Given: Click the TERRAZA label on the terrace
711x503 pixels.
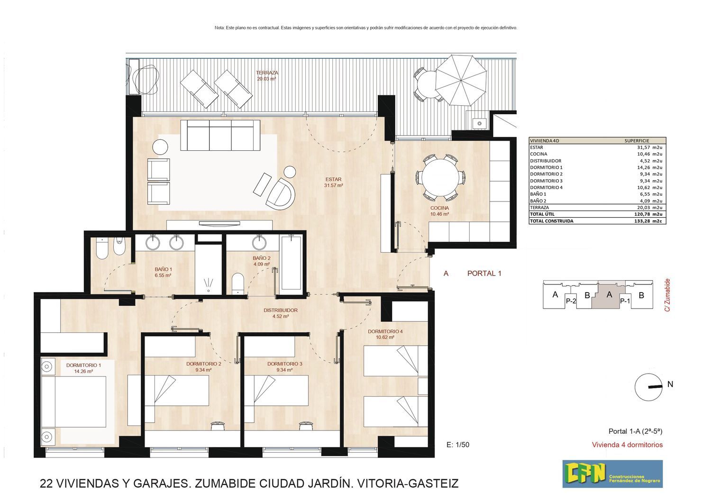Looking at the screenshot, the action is click(267, 73).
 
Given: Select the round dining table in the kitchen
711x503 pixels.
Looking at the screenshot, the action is click(440, 177).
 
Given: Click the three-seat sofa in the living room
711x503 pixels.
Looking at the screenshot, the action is click(220, 135).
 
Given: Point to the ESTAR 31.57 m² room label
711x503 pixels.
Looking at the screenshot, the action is click(334, 182).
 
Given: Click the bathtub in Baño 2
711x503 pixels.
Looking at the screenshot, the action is click(291, 263).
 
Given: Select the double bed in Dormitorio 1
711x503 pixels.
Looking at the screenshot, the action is click(73, 402).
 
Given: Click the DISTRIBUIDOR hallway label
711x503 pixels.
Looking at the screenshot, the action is click(281, 310).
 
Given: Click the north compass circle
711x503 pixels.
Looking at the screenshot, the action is click(648, 387).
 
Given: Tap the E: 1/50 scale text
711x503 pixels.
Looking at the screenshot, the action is click(458, 445).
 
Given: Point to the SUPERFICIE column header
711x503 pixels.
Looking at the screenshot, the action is click(637, 141).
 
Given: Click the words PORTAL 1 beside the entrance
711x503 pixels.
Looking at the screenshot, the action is click(484, 274).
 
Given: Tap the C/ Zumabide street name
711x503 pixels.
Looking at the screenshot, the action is click(667, 295).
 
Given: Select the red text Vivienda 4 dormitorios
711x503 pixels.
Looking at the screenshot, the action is click(627, 445).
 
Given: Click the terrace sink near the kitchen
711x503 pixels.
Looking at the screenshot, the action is click(479, 123).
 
